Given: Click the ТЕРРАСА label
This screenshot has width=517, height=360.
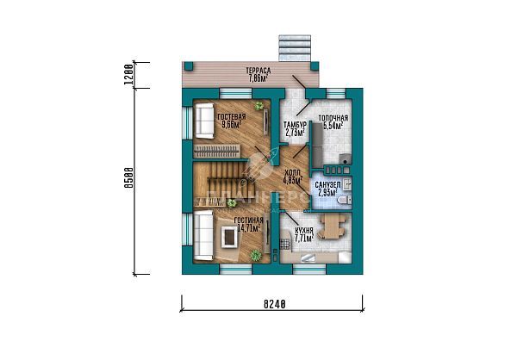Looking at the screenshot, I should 257,70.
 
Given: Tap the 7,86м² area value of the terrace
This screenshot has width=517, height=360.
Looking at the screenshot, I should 257,78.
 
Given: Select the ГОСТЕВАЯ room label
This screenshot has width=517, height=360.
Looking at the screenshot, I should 231,116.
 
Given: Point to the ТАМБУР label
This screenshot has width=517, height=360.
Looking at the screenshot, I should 295,126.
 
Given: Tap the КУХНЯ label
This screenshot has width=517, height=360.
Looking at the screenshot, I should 303,232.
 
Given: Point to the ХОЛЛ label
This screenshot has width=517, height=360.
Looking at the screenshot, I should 293,173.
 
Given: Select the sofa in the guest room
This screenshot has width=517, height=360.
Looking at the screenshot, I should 204,120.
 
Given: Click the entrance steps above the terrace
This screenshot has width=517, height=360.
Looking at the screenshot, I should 292,47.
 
